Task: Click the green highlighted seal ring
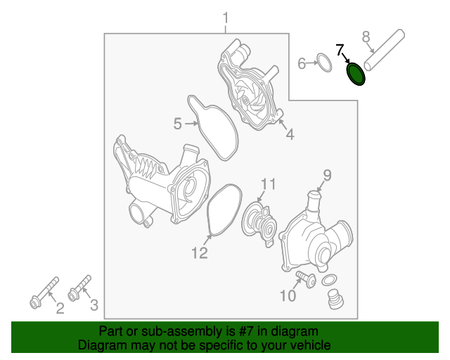click(356, 74)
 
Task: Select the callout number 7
click(340, 50)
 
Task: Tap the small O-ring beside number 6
click(324, 63)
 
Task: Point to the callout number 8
click(366, 37)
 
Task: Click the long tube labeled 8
click(385, 50)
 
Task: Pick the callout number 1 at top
click(226, 18)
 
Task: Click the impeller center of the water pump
click(245, 101)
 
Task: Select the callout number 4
click(290, 134)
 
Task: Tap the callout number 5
click(178, 124)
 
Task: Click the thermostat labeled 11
click(259, 224)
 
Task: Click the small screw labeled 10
click(306, 278)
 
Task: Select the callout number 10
click(288, 295)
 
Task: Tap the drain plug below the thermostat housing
click(336, 299)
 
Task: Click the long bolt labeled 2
click(44, 292)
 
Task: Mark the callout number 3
click(94, 305)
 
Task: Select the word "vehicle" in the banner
click(311, 345)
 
